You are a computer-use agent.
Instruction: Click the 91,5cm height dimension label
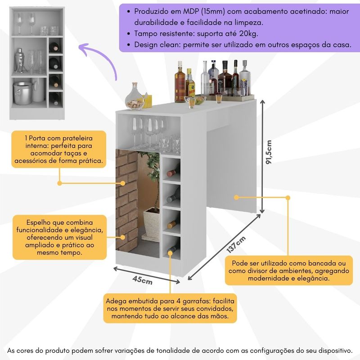coord(269,153)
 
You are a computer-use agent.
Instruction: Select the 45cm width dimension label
coord(142,280)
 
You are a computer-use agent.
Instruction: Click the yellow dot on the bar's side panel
coord(236,197)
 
